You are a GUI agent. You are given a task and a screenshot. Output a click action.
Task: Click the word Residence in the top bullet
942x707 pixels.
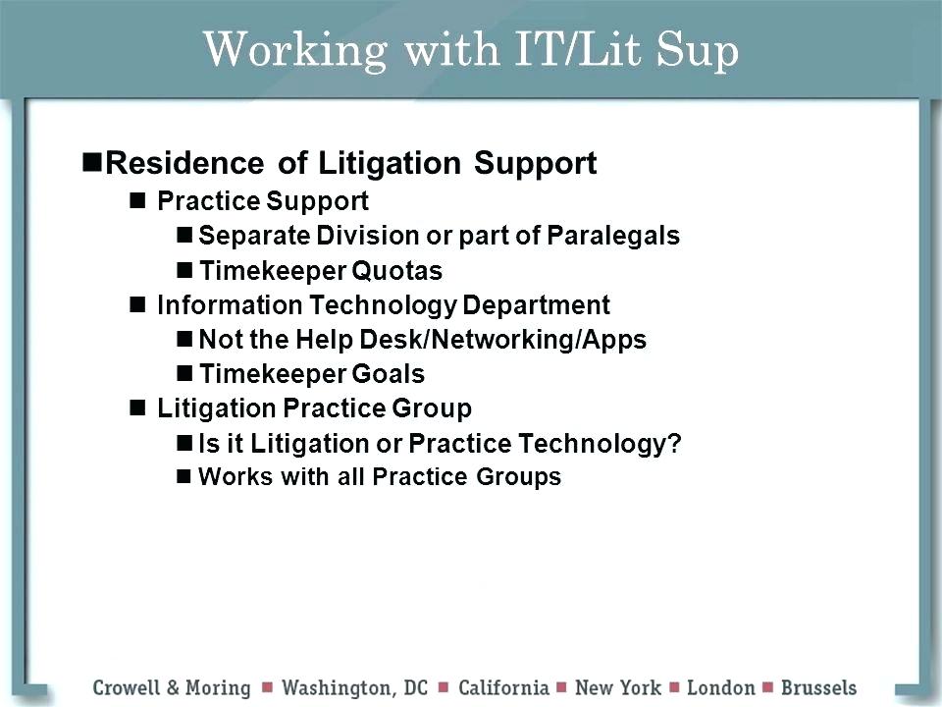183,163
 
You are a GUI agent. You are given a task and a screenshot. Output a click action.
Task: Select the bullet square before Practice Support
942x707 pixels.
137,201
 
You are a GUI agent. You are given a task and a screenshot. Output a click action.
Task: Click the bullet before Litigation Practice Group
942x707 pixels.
137,408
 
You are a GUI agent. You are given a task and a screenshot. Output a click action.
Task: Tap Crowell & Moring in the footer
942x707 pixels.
173,686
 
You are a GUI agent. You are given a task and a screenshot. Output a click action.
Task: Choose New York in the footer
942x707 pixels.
618,686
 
